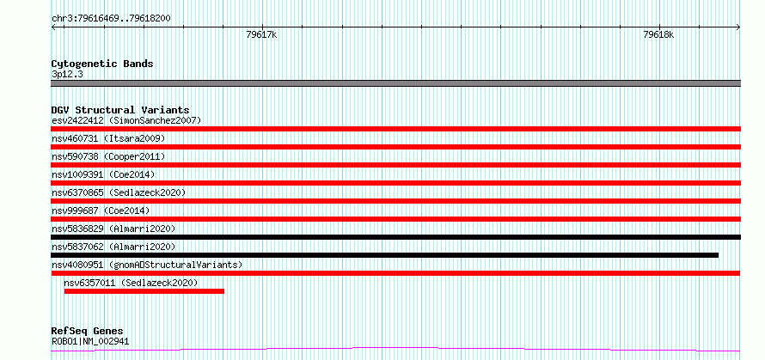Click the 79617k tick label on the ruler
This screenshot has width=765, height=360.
point(262,34)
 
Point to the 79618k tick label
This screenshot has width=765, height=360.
point(658,34)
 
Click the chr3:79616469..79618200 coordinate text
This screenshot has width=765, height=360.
point(111,19)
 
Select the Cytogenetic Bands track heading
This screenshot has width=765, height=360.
point(102,64)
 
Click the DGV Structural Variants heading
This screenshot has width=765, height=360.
point(120,110)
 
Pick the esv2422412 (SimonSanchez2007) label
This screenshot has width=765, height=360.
point(126,120)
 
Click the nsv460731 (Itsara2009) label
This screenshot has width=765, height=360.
point(108,138)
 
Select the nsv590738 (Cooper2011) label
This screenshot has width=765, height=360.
point(108,156)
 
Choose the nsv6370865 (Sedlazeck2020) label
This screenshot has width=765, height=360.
point(119,192)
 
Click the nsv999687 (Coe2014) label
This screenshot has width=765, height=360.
point(101,211)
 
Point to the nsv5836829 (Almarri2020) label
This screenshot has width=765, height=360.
point(113,229)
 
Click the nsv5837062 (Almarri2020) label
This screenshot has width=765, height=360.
point(113,247)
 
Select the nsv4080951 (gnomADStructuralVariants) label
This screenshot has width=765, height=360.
point(147,265)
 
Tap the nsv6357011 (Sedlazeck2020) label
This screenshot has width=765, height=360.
point(131,283)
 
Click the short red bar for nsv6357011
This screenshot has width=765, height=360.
point(144,291)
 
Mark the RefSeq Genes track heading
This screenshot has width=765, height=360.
point(88,332)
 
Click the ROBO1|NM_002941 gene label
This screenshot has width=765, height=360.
point(90,341)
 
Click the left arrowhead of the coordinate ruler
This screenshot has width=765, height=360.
point(52,27)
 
